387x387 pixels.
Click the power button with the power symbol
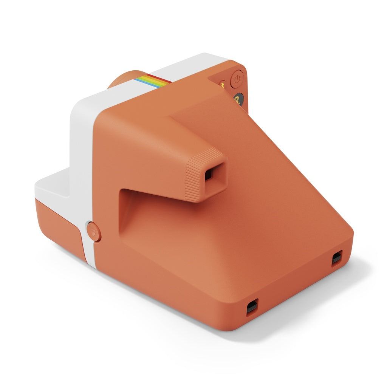pos(237,79)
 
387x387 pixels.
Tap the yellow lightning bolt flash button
pos(223,84)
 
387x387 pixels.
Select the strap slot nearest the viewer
pos(252,307)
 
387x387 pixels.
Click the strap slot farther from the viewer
pos(336,258)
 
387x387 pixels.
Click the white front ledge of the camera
pos(53,187)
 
